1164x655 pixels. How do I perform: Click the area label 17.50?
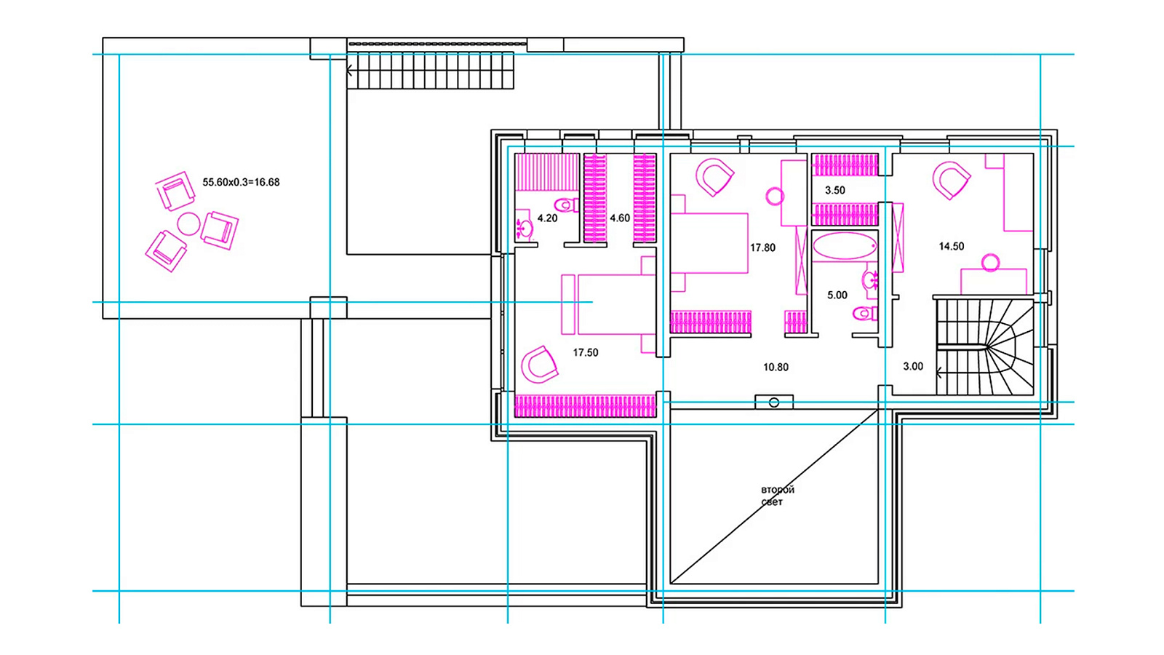(586, 352)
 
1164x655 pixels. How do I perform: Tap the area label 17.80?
(762, 248)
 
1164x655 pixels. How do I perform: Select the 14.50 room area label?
(951, 247)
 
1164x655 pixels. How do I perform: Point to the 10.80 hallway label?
(776, 367)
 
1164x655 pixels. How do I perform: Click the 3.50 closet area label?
(835, 190)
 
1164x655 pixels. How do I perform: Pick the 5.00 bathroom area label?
(837, 295)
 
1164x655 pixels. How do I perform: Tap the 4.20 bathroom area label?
(547, 218)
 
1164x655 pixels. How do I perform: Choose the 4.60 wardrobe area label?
(620, 218)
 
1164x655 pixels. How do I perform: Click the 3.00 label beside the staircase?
(913, 367)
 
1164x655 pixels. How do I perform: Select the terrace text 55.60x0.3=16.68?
(241, 183)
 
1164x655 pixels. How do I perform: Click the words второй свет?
(778, 496)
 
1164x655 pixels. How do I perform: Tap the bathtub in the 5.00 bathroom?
(845, 246)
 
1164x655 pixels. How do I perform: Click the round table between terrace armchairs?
(188, 223)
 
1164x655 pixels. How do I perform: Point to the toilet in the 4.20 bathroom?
(567, 205)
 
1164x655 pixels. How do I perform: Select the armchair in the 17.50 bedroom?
(539, 365)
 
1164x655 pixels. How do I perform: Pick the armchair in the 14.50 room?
(951, 180)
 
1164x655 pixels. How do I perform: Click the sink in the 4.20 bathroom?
(525, 228)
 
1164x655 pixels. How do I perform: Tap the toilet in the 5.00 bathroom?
(865, 314)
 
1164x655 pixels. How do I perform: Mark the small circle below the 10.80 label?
(774, 403)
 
